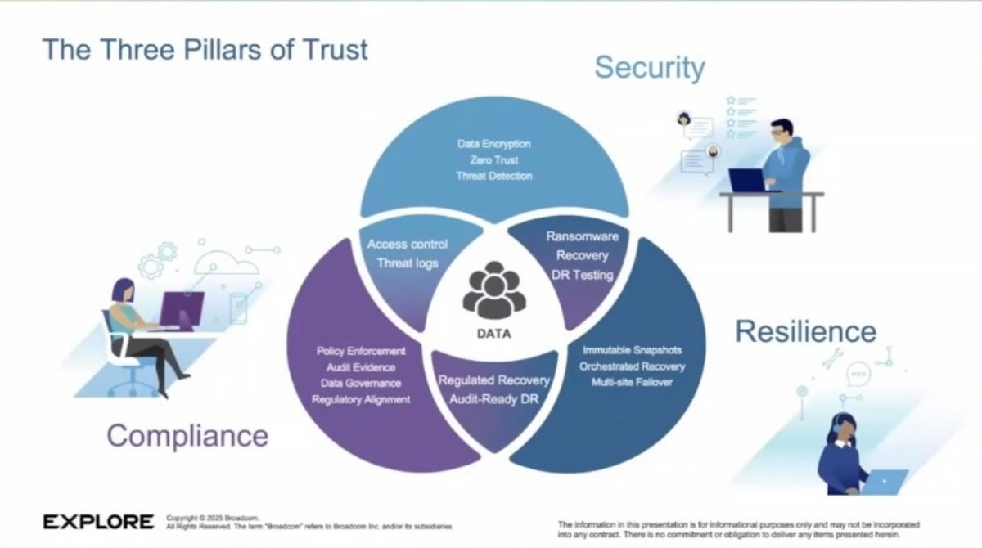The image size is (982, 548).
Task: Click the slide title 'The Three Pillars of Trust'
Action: (205, 49)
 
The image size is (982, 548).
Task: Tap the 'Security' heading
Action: (649, 67)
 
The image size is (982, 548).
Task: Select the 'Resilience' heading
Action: (805, 331)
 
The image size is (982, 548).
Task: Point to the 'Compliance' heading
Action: (187, 435)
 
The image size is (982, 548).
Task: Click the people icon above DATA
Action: (493, 290)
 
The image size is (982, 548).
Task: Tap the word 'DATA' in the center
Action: (493, 334)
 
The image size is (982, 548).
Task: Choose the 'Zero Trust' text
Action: (494, 160)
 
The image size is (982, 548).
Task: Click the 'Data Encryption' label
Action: (494, 145)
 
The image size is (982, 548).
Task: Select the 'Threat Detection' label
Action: (494, 176)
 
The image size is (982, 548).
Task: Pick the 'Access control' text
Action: (408, 245)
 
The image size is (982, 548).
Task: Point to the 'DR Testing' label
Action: (582, 275)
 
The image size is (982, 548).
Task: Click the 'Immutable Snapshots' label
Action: (632, 351)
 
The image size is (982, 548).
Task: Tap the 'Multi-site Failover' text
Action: (632, 382)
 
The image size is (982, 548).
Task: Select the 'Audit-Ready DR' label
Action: (493, 399)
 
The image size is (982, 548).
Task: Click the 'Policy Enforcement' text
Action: (361, 351)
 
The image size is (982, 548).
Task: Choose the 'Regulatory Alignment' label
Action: (361, 399)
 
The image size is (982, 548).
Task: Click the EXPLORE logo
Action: (98, 522)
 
